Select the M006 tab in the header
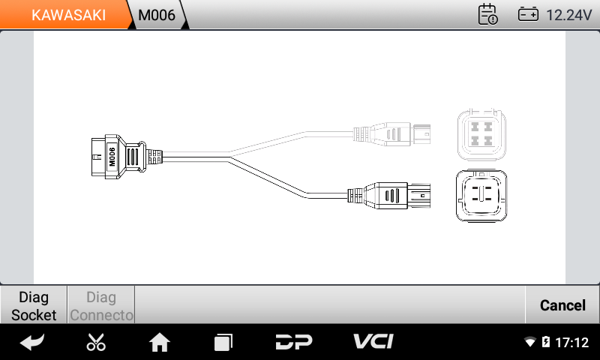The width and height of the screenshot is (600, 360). click(x=157, y=14)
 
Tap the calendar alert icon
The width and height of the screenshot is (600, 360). click(x=488, y=14)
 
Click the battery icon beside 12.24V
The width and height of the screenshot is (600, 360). click(x=528, y=14)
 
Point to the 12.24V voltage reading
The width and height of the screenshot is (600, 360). click(x=568, y=15)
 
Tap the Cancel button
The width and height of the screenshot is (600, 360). click(x=562, y=305)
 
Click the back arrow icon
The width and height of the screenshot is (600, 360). click(x=31, y=342)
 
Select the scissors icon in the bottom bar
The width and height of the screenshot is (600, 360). click(x=96, y=342)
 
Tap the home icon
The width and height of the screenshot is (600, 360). click(x=160, y=342)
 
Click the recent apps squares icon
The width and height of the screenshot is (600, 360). click(x=223, y=342)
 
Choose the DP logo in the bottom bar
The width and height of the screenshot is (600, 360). click(x=294, y=342)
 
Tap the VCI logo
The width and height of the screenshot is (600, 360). click(x=373, y=341)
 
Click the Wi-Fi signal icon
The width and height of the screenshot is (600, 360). click(x=530, y=341)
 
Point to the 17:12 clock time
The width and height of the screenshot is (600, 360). click(x=571, y=342)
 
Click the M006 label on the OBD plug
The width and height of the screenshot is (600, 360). click(x=112, y=157)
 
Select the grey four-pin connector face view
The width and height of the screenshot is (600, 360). click(x=481, y=134)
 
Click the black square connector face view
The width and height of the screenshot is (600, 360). click(x=481, y=196)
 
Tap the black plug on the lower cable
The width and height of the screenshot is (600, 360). click(x=389, y=196)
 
